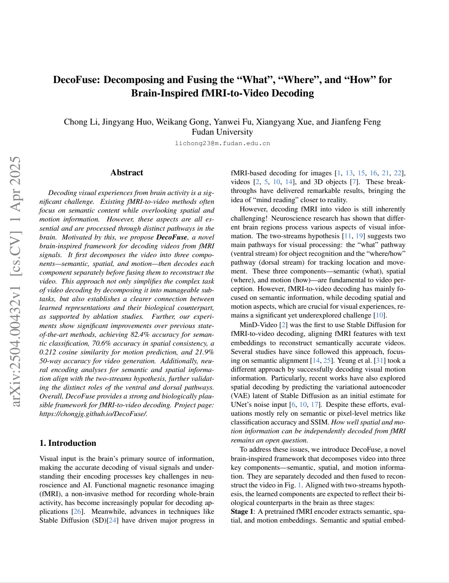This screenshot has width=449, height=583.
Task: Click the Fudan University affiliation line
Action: pos(222,132)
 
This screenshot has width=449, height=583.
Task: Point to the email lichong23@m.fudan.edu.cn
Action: pos(222,143)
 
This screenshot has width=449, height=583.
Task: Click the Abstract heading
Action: pos(127,172)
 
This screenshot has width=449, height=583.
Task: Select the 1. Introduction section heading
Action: pos(67,443)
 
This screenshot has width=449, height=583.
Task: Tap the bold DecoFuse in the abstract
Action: pos(171,237)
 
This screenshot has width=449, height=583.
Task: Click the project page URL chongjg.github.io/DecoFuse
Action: pos(93,414)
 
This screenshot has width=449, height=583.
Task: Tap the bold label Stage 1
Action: pos(242,512)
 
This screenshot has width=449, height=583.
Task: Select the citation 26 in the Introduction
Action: pos(78,512)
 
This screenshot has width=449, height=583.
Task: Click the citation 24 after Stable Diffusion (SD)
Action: pos(112,521)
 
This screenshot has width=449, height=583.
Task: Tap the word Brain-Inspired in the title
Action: pos(165,93)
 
